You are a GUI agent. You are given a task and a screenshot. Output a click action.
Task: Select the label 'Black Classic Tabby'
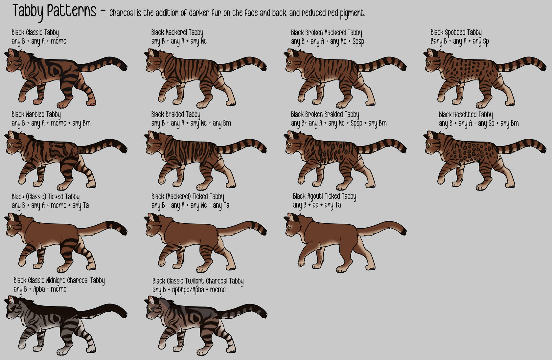point(35,33)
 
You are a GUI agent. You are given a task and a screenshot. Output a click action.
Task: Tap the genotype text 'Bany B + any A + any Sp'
point(460,41)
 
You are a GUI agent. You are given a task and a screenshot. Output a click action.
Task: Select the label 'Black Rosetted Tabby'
point(466,115)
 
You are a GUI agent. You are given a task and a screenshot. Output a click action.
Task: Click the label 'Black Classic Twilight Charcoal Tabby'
point(198,281)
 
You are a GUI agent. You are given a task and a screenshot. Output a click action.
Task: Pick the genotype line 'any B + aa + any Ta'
point(317,205)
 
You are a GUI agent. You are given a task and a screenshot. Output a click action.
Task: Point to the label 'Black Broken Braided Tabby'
point(325,115)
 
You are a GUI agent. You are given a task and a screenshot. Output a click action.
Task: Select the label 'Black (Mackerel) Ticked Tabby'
point(188,197)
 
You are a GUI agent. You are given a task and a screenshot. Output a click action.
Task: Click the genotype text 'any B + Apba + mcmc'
point(40,289)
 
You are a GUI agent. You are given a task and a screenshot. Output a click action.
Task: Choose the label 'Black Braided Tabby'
point(175,115)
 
